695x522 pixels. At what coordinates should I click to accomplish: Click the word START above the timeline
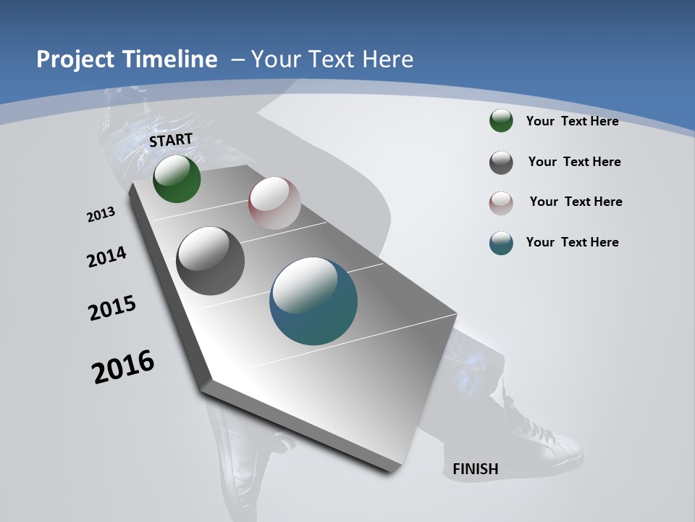click(x=171, y=140)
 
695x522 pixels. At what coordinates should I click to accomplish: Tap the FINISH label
click(x=475, y=469)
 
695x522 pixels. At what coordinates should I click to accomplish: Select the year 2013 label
click(x=101, y=214)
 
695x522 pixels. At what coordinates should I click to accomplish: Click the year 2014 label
click(x=107, y=257)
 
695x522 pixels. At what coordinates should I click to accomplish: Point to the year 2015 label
click(x=112, y=308)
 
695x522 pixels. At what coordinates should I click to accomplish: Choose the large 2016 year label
click(x=123, y=366)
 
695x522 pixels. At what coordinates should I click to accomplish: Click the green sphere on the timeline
click(x=177, y=179)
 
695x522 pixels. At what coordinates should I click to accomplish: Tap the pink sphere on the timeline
click(x=274, y=203)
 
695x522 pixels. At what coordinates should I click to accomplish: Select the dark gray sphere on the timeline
click(x=210, y=261)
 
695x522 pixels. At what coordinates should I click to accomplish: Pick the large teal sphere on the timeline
click(x=313, y=301)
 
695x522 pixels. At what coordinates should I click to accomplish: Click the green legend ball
click(x=501, y=121)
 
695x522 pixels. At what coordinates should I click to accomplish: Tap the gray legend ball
click(x=501, y=162)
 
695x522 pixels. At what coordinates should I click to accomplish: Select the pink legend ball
click(x=501, y=203)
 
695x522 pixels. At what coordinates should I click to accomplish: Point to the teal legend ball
click(x=501, y=243)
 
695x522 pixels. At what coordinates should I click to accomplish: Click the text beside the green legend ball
click(x=572, y=121)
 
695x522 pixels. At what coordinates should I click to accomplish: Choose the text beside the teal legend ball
click(x=572, y=242)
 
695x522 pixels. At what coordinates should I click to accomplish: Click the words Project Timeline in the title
click(x=127, y=59)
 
